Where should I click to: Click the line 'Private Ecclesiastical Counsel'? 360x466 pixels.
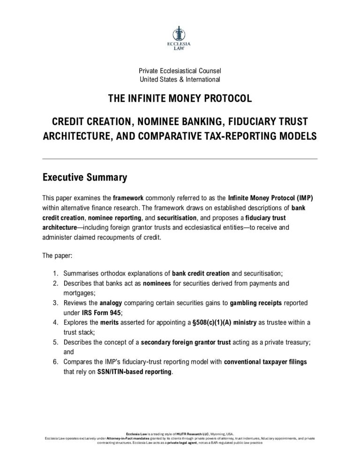pos(180,71)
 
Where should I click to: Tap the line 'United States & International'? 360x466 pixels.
pos(180,80)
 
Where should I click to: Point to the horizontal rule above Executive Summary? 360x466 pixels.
pos(180,159)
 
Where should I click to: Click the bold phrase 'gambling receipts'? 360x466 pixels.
pos(256,303)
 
